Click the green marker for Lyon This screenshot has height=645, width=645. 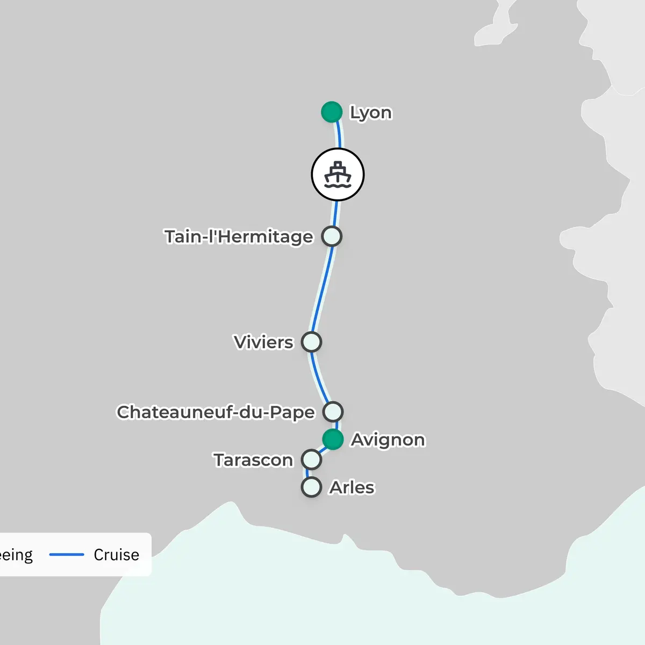click(332, 112)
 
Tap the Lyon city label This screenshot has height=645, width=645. click(371, 112)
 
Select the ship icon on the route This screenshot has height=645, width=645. click(338, 175)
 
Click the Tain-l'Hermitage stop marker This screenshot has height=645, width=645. click(332, 236)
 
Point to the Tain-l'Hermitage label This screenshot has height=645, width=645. click(239, 236)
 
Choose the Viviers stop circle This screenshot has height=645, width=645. click(311, 342)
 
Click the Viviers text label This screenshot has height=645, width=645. click(263, 342)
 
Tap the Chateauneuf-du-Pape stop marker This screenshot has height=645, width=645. click(333, 412)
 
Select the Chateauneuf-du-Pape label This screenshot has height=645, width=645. click(216, 412)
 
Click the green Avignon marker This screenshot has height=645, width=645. click(333, 439)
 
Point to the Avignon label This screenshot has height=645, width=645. click(388, 440)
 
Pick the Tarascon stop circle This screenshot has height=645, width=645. click(311, 460)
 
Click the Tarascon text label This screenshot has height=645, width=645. click(253, 460)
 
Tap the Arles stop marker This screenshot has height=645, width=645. click(311, 487)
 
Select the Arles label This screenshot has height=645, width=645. click(352, 488)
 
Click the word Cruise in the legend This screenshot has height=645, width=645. click(116, 555)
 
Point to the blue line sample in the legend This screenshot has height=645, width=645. click(67, 555)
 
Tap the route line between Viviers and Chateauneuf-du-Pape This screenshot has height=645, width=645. click(318, 379)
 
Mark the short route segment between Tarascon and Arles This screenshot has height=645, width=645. click(307, 474)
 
